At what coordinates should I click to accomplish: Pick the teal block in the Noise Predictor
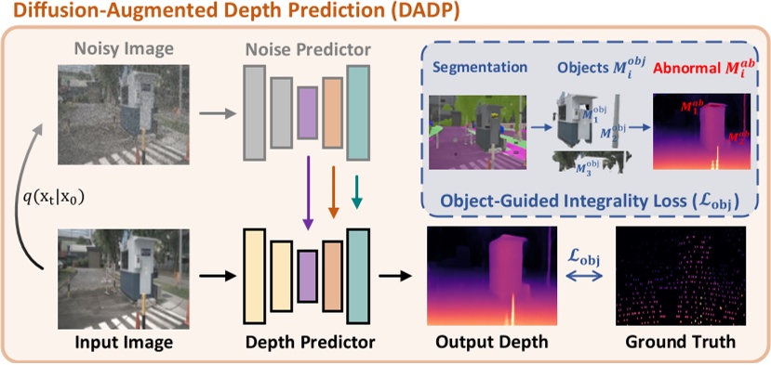coord(359,111)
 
